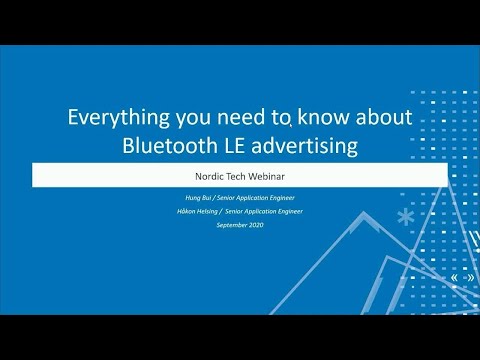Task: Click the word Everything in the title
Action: (x=112, y=118)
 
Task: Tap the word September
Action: (x=232, y=224)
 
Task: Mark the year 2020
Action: (x=257, y=224)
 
